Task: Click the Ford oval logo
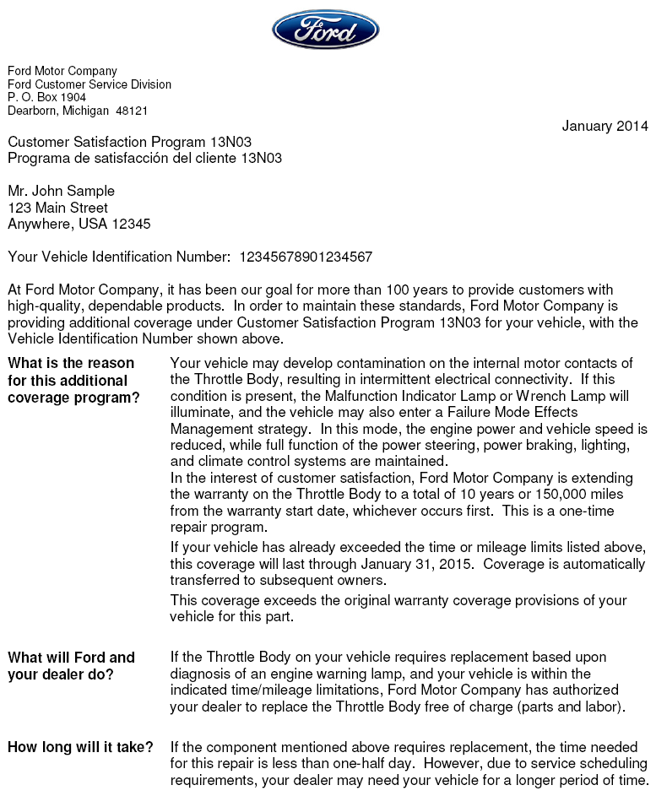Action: pos(325,30)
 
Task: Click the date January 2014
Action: pos(604,127)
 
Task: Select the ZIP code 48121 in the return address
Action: pos(132,111)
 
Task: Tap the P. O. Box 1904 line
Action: pos(47,97)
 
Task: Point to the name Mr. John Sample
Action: pos(61,191)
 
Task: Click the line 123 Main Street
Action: pos(57,208)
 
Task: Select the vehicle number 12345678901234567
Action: pos(306,257)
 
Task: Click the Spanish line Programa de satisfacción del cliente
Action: pos(144,158)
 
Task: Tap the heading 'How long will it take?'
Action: pos(80,747)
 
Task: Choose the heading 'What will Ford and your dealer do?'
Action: pos(71,666)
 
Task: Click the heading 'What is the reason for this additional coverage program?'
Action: pos(73,380)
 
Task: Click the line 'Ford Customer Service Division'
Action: pos(89,84)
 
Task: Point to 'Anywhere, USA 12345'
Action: pos(79,224)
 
